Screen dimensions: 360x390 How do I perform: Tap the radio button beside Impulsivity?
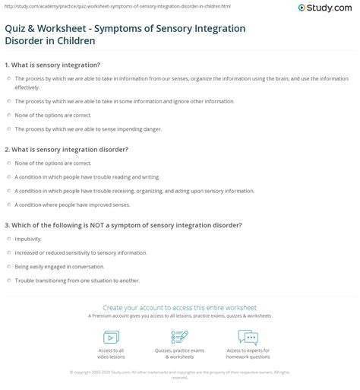click(x=8, y=238)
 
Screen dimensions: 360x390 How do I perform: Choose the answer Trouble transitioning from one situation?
click(x=77, y=281)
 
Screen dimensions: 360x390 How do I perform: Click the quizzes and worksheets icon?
click(x=179, y=337)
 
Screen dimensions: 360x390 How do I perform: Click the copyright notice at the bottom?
click(x=179, y=373)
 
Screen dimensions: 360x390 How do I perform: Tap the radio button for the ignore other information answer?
click(x=8, y=101)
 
